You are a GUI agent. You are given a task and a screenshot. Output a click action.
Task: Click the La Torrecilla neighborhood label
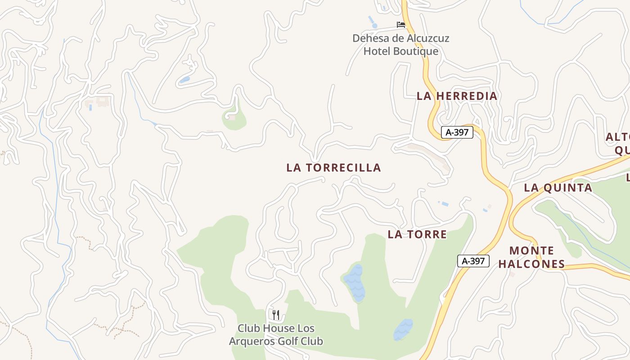pyautogui.click(x=333, y=168)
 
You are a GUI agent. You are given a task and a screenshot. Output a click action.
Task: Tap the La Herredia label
pyautogui.click(x=457, y=96)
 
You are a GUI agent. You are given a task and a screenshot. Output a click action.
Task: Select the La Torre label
pyautogui.click(x=417, y=234)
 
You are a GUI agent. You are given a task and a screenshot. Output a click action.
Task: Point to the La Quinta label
pyautogui.click(x=558, y=188)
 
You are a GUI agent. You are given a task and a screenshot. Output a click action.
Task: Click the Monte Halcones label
pyautogui.click(x=531, y=257)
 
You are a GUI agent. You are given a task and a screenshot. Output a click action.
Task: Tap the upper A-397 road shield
pyautogui.click(x=457, y=132)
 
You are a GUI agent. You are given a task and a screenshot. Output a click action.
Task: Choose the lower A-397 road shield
pyautogui.click(x=473, y=261)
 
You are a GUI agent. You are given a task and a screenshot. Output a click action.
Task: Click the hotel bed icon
pyautogui.click(x=400, y=25)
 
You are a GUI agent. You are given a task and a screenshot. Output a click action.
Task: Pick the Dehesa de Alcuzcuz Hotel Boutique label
pyautogui.click(x=400, y=45)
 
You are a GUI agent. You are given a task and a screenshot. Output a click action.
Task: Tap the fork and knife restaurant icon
pyautogui.click(x=276, y=315)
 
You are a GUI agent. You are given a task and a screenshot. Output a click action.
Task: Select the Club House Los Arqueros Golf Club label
pyautogui.click(x=276, y=335)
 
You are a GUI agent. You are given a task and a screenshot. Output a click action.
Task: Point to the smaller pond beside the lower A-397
pyautogui.click(x=403, y=329)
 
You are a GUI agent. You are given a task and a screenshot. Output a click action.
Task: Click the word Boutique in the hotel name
pyautogui.click(x=416, y=51)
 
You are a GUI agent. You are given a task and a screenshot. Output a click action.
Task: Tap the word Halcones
pyautogui.click(x=531, y=264)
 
